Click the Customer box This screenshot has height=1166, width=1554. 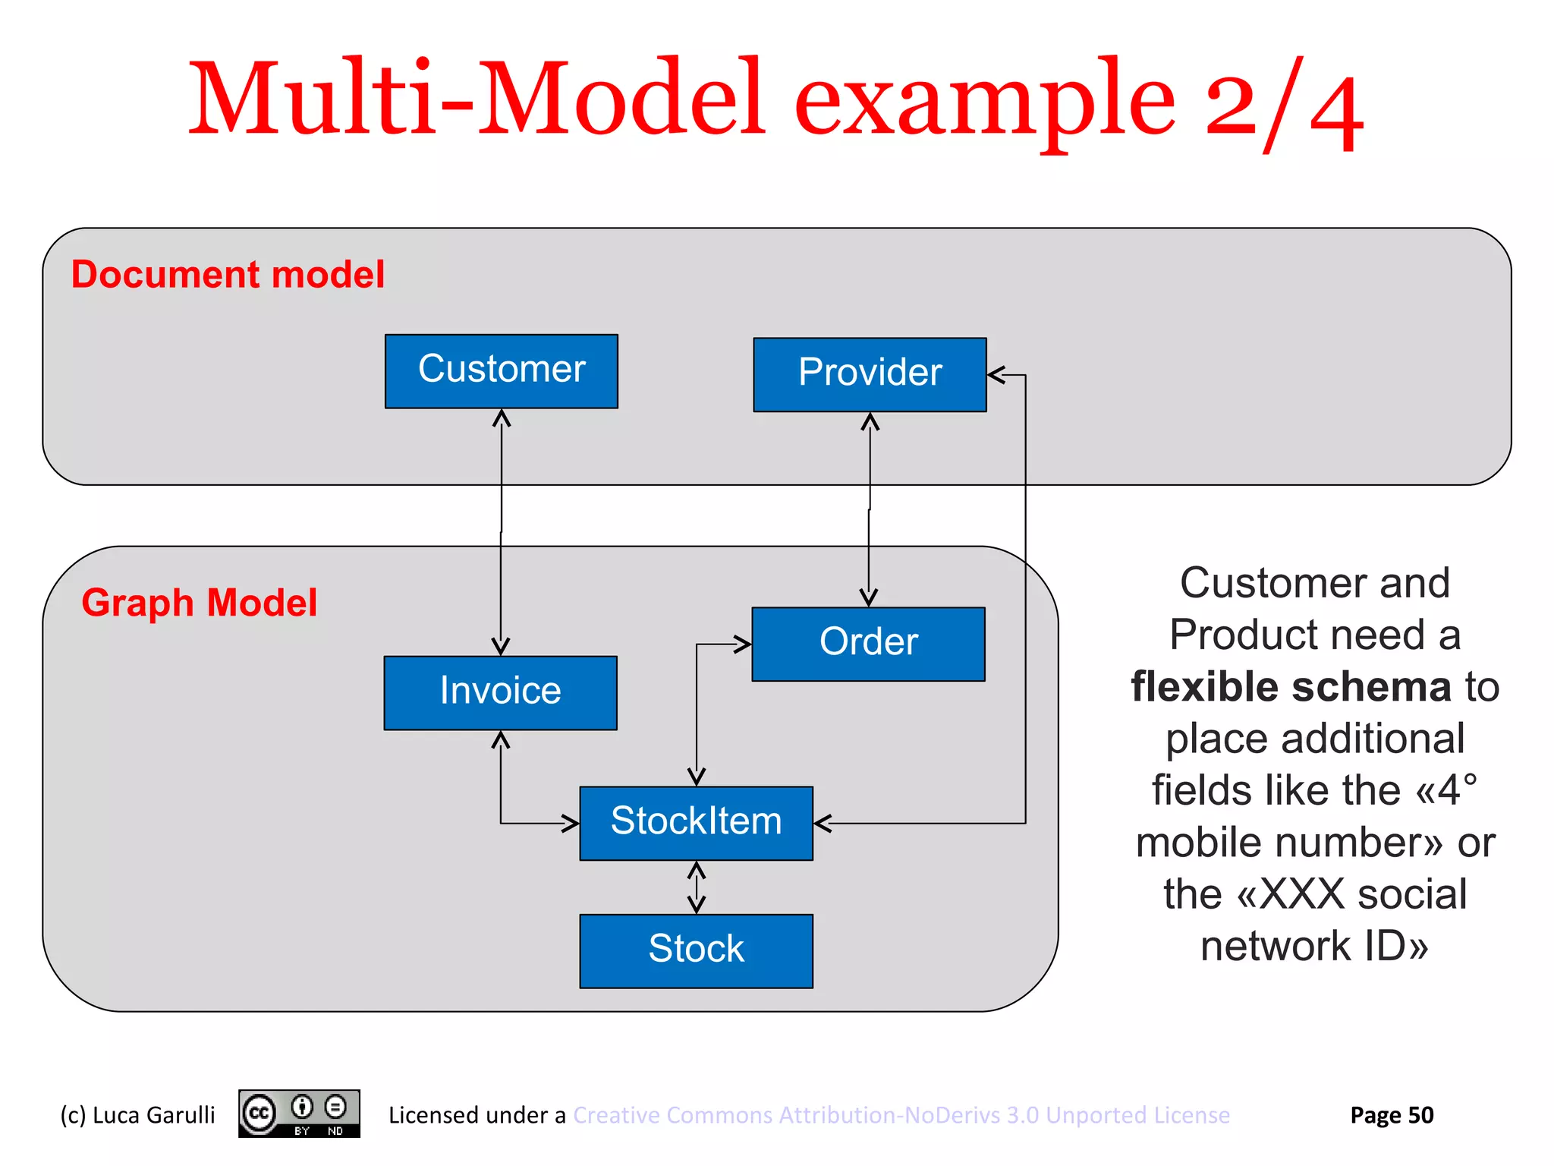[x=501, y=371]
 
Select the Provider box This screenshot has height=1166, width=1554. [x=870, y=374]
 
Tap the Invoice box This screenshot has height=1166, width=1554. [x=500, y=692]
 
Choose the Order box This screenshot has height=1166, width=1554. [x=868, y=644]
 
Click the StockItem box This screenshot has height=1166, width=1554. [x=696, y=823]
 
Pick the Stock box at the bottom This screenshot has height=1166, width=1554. [x=696, y=950]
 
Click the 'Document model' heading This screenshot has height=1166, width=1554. [x=228, y=274]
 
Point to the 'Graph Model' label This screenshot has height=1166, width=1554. [x=199, y=603]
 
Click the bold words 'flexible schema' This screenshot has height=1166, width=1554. [x=1291, y=687]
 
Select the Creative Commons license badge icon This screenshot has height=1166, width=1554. [x=299, y=1114]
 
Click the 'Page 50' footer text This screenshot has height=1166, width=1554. [x=1392, y=1115]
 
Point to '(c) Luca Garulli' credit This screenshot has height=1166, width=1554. [x=137, y=1115]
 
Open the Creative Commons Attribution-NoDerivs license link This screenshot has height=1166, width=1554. [x=901, y=1115]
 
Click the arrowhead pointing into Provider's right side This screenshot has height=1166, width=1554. [x=996, y=375]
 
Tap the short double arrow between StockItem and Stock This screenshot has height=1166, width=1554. [x=696, y=887]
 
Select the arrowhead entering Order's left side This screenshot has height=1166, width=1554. [x=742, y=644]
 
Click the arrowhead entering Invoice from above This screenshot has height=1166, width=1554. [x=500, y=646]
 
